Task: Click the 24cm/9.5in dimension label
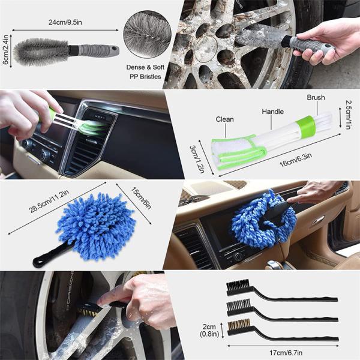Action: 65,23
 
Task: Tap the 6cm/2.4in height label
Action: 5,50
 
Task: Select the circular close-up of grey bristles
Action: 147,34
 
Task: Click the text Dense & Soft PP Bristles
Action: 145,72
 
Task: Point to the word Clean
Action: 224,119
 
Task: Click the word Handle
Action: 273,112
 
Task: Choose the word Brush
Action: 316,97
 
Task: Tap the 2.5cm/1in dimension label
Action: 349,115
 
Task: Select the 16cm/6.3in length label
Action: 295,160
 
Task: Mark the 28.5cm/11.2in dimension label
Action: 49,202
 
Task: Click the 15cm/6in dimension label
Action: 142,198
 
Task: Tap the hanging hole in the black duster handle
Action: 37,261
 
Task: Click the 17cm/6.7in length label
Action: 286,352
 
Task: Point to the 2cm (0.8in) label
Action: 209,331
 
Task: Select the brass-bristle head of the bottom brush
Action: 239,326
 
